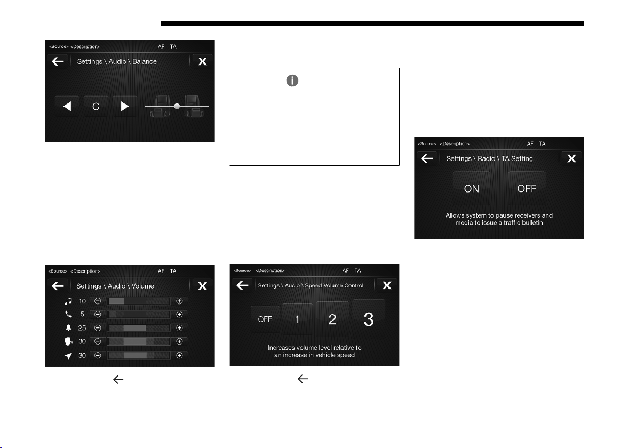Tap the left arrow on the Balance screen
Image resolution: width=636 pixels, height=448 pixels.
(67, 106)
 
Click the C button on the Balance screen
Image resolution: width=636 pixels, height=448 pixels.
(96, 106)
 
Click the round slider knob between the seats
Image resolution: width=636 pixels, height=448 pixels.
(177, 106)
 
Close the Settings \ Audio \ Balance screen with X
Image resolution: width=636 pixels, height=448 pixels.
(202, 61)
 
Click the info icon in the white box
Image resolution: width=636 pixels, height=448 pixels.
(292, 81)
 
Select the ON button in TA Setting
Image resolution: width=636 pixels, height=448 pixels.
(471, 188)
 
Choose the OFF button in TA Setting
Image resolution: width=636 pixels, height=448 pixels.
(527, 188)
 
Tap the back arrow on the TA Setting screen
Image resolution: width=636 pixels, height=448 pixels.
(427, 158)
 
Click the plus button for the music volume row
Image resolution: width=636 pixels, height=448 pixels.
(179, 301)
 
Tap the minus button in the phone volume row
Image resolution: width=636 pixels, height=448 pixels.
(98, 314)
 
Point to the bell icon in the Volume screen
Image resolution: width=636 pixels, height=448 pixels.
(68, 327)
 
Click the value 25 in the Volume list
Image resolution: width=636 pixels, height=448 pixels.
(82, 328)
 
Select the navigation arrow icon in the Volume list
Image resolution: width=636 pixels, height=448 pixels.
(68, 356)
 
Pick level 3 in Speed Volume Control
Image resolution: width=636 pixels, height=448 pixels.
(368, 319)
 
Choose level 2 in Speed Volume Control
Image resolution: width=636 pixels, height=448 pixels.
(332, 319)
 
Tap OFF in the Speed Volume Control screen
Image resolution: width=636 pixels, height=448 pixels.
(265, 319)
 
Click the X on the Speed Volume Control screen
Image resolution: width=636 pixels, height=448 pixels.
(387, 285)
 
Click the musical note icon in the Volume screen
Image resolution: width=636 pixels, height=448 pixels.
(68, 301)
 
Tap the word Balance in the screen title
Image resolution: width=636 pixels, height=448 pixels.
(145, 62)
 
